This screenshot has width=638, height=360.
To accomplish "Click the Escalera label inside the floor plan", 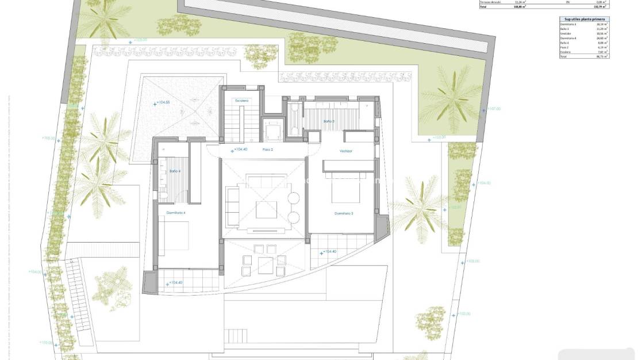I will click(x=241, y=101).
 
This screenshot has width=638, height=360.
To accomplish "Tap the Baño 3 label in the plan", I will click(x=328, y=121).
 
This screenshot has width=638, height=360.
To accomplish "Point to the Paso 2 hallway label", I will click(x=268, y=150).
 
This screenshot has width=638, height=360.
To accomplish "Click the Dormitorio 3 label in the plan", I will click(x=344, y=213).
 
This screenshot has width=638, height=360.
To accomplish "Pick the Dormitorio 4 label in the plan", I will click(x=176, y=212).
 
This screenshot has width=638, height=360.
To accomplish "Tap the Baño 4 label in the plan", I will click(x=175, y=171).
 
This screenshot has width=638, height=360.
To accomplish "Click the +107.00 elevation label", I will click(x=494, y=108).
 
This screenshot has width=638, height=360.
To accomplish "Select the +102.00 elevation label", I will click(x=463, y=313).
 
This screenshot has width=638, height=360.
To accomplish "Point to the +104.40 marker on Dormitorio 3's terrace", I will click(x=329, y=251).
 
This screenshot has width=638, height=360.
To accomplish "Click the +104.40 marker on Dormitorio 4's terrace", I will click(x=175, y=282).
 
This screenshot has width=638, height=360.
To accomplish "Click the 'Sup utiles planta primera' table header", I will click(x=584, y=19).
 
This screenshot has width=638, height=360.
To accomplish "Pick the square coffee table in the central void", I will click(x=266, y=209).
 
